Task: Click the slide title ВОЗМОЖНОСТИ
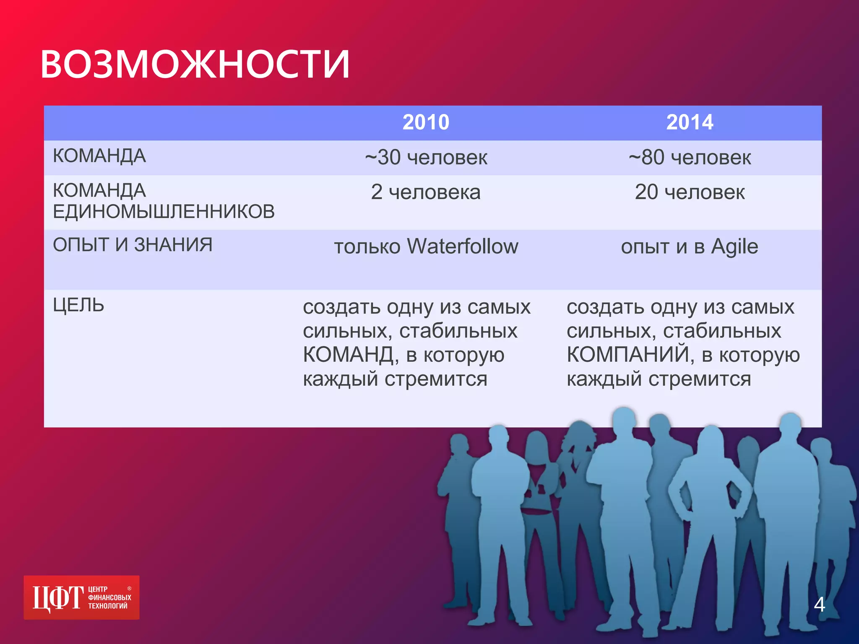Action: (x=195, y=64)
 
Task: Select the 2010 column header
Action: (x=426, y=122)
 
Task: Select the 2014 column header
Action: (x=690, y=122)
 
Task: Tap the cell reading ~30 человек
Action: (x=426, y=158)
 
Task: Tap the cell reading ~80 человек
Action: (x=690, y=158)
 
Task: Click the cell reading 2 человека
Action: (x=426, y=192)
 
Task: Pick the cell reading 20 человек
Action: (x=690, y=192)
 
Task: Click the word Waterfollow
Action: (x=463, y=246)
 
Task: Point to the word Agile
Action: (x=734, y=247)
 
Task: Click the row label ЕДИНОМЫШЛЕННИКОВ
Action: (x=164, y=212)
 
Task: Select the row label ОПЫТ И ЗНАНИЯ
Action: (x=133, y=245)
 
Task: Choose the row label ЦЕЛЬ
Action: (x=78, y=305)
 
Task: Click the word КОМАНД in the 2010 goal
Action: (x=348, y=355)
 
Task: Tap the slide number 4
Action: (x=819, y=605)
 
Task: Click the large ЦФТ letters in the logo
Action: (x=58, y=598)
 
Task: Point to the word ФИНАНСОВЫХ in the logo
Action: (x=109, y=597)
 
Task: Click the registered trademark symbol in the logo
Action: (x=129, y=589)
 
